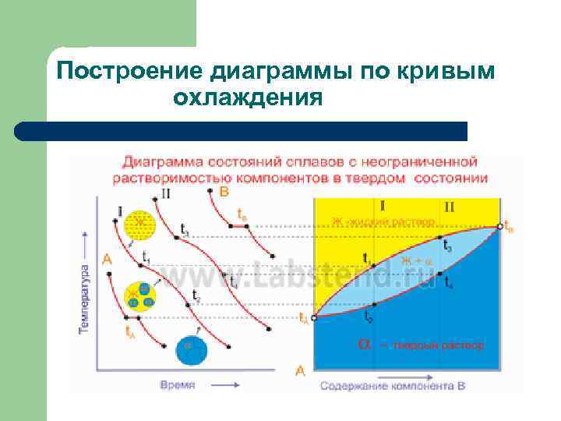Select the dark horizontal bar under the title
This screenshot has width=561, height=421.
242,131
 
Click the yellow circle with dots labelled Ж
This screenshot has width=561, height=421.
139,225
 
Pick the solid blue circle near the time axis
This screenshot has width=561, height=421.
190,349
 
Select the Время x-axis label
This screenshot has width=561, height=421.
178,385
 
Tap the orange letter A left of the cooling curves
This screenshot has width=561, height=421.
106,258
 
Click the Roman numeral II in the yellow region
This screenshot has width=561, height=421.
449,207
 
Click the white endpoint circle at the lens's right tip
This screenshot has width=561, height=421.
499,227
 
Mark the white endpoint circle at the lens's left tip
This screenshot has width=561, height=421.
313,318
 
